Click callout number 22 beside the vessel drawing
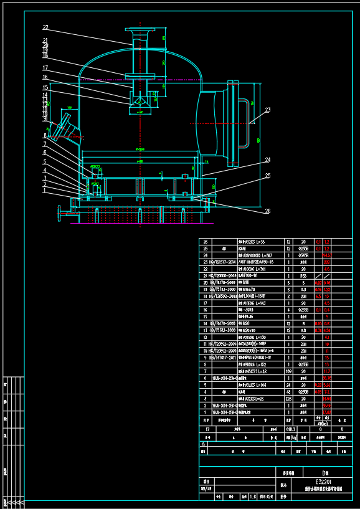tap(45, 27)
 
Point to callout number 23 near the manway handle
tap(268, 110)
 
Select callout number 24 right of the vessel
tap(268, 159)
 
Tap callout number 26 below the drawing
tap(268, 211)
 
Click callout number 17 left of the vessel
tap(45, 68)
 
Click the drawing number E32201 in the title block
tap(323, 481)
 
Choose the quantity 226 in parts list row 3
tap(288, 397)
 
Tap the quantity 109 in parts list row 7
tap(288, 371)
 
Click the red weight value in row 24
tap(326, 254)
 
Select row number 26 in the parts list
tap(205, 241)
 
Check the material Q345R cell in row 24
tap(303, 254)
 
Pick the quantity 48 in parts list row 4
tap(288, 391)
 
